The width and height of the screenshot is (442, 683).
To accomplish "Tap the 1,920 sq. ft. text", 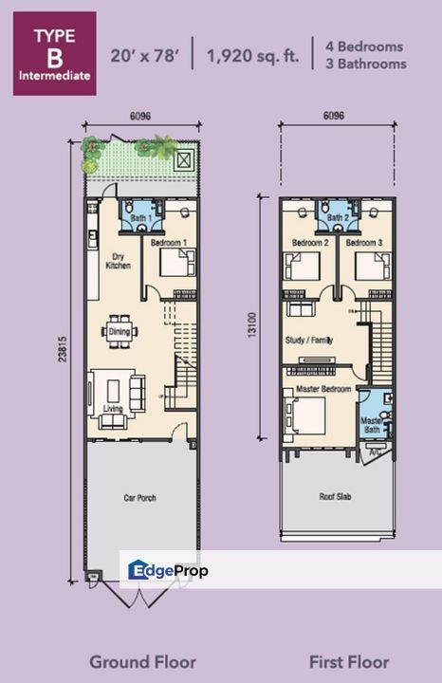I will pos(252,54).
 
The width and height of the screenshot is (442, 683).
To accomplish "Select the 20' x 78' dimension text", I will pos(144,54).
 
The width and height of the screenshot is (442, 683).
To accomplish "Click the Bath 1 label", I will pos(141,219).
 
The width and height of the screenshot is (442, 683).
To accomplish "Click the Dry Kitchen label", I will pos(118,261).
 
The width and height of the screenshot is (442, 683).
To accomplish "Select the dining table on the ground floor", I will pos(120,331).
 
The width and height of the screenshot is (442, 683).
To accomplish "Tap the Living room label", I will pos(113,409).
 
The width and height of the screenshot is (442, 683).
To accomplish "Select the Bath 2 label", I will pos(336,219).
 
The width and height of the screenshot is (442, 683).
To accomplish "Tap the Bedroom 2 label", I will pos(309,243).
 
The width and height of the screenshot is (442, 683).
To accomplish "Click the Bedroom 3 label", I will pos(363,243).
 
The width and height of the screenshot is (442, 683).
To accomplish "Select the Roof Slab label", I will pos(336,495).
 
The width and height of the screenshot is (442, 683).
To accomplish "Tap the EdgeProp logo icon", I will pos(138,570).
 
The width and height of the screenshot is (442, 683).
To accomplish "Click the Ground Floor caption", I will pos(142,661).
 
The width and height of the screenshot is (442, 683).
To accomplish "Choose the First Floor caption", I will pos(349,661).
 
